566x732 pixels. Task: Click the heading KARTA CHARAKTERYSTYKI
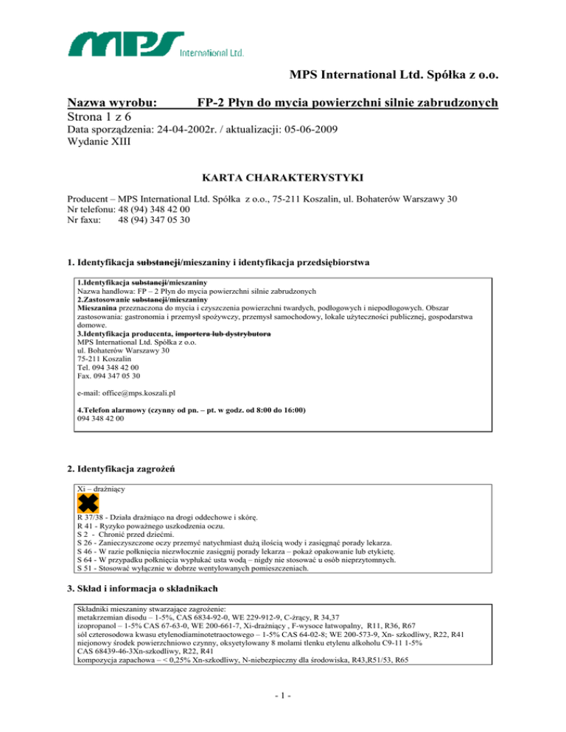click(283, 177)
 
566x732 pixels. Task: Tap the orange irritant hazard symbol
click(87, 504)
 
